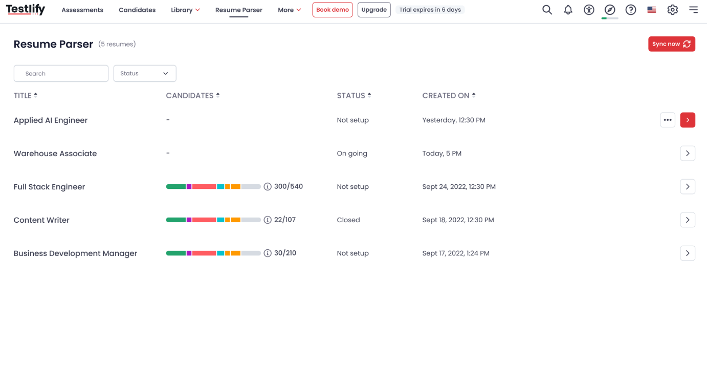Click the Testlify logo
(x=26, y=10)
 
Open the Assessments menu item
(x=82, y=10)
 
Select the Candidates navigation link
(x=137, y=10)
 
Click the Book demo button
(x=333, y=10)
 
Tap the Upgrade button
(x=374, y=10)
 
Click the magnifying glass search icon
(x=547, y=10)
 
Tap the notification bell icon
(x=568, y=10)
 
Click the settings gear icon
(x=672, y=10)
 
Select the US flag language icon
(x=651, y=10)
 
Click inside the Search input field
(x=61, y=73)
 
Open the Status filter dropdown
(x=145, y=73)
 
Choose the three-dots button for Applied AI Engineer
(x=668, y=120)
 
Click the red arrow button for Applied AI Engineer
(x=688, y=120)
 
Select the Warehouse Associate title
(x=55, y=154)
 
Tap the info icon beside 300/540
(x=268, y=187)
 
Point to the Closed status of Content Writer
(x=348, y=220)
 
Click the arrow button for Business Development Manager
(x=688, y=253)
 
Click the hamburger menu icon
(x=693, y=10)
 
